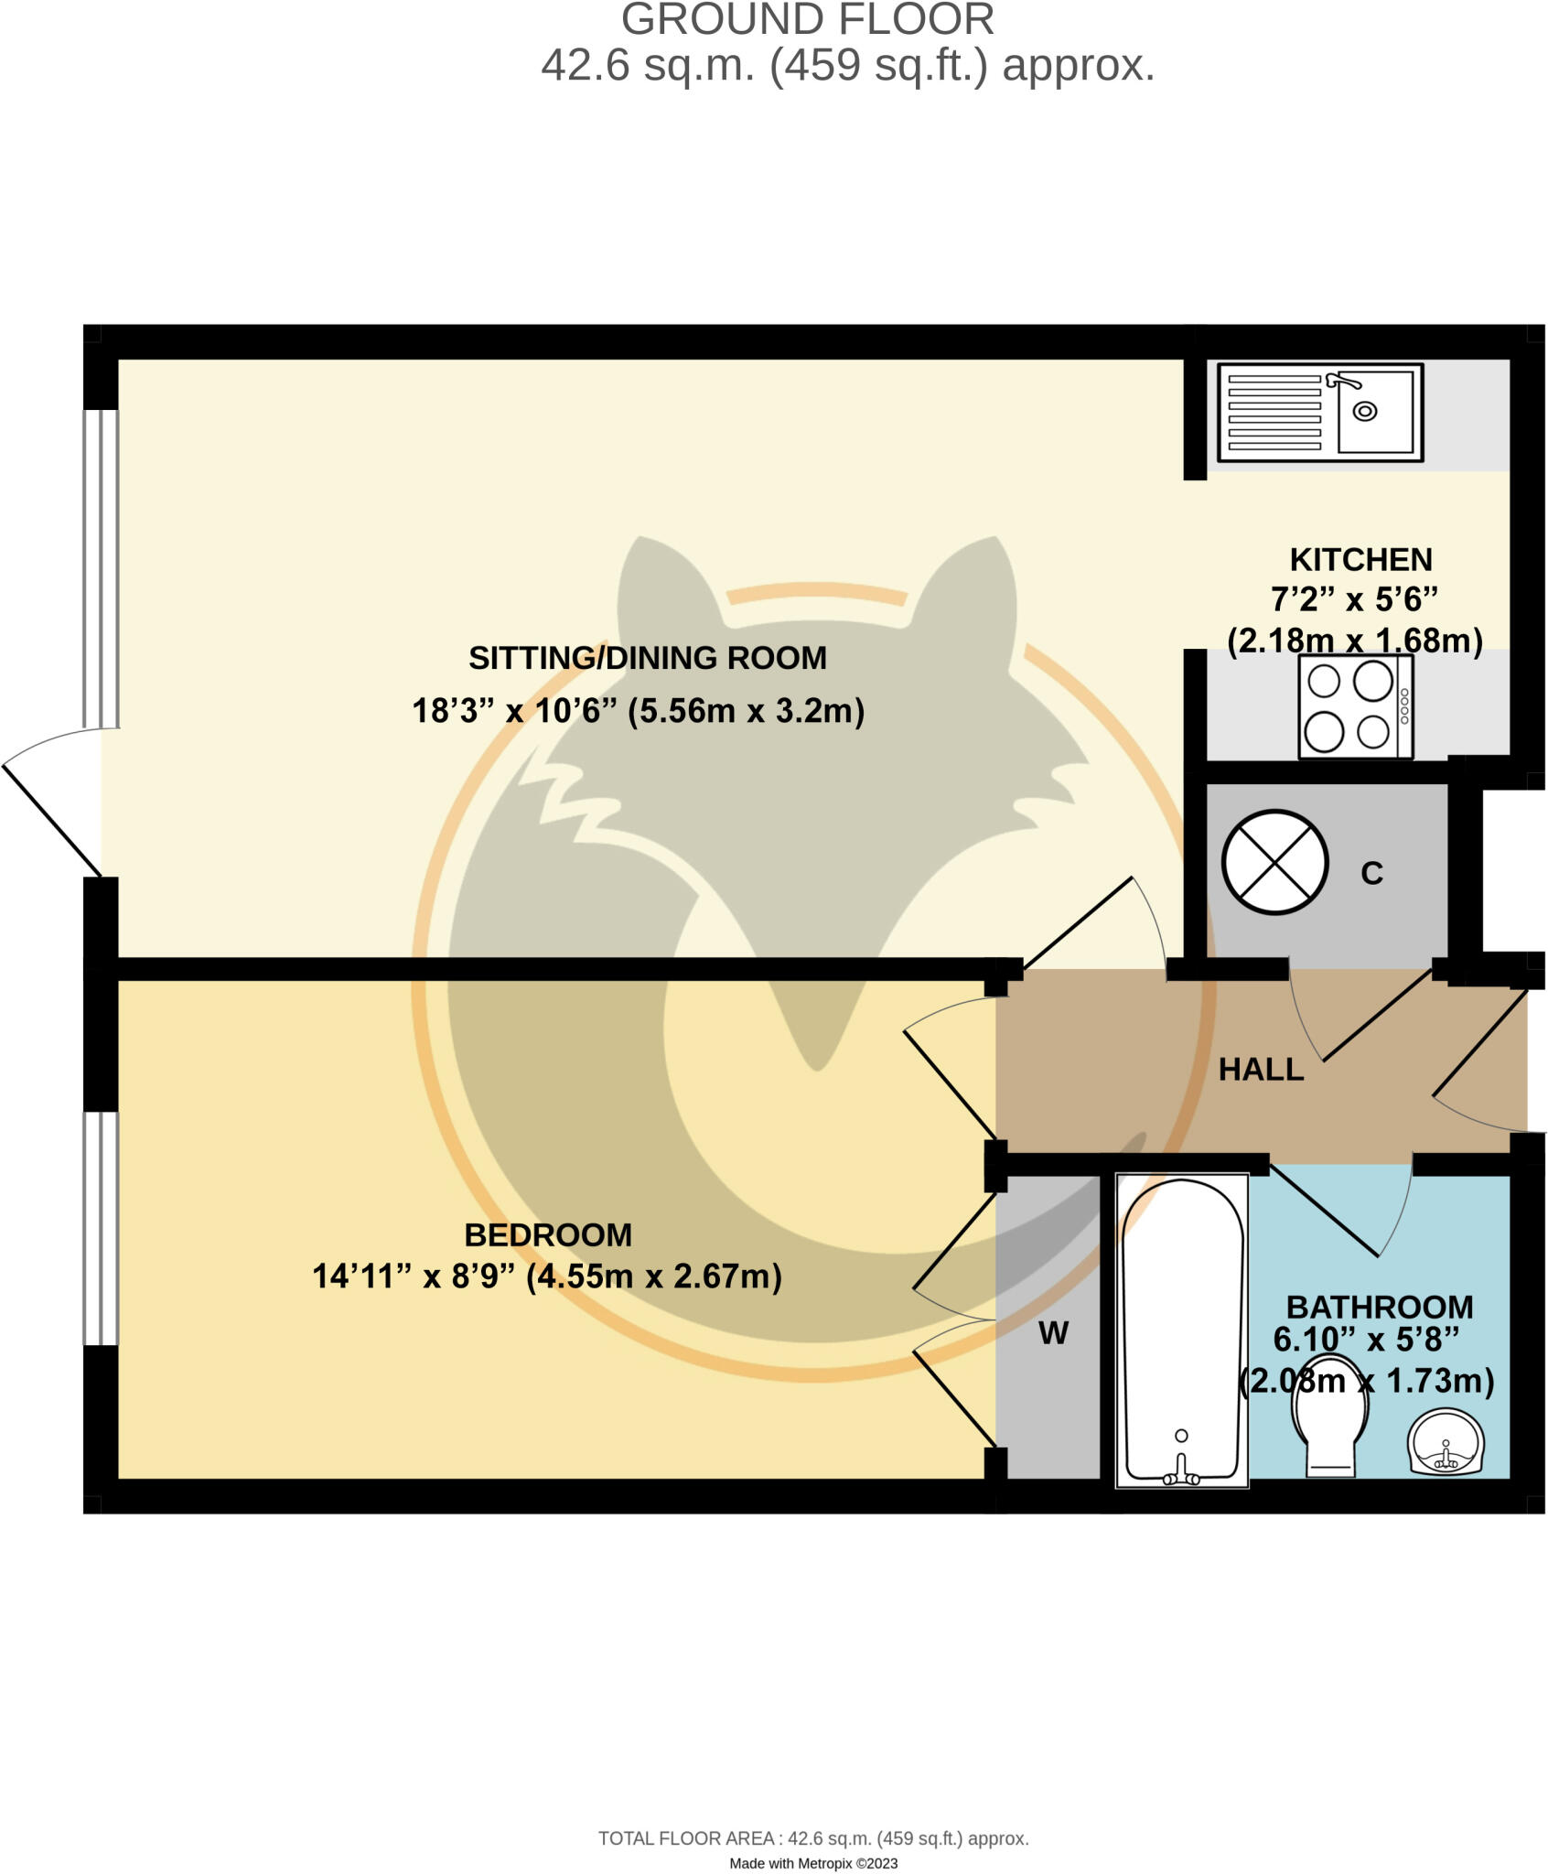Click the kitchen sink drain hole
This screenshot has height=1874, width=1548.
(x=1364, y=411)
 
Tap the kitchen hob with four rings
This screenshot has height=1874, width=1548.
(x=1355, y=706)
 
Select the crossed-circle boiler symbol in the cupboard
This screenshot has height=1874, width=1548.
(x=1274, y=862)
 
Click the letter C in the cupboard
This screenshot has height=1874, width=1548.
(x=1371, y=874)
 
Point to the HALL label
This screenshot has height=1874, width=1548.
(x=1261, y=1070)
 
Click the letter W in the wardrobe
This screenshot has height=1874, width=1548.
(x=1053, y=1333)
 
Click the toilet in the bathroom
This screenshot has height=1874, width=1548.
(x=1329, y=1419)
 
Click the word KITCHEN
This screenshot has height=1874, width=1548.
(x=1360, y=559)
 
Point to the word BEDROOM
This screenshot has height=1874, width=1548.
(x=548, y=1235)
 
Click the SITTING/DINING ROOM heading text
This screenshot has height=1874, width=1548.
(x=648, y=658)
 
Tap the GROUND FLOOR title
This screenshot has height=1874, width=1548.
(x=808, y=20)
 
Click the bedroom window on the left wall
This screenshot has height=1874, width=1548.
(x=101, y=1228)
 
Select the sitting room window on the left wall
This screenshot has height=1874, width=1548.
(x=101, y=568)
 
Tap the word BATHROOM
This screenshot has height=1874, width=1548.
(x=1380, y=1307)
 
